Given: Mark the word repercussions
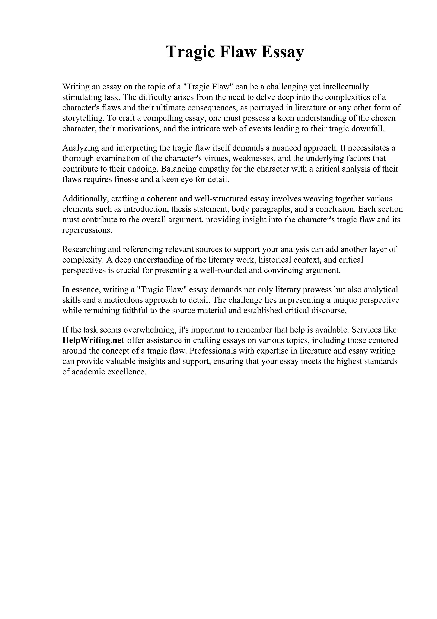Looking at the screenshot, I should coord(87,230).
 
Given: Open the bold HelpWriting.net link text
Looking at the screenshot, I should coord(93,340).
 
